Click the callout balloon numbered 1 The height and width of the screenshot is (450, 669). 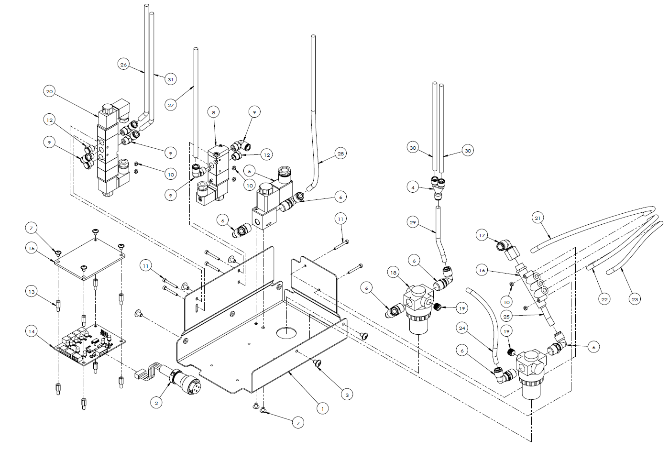[322, 409]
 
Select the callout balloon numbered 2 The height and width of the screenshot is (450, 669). [156, 403]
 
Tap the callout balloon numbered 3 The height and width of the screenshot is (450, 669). [347, 395]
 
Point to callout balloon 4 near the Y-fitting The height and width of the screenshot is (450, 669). [413, 188]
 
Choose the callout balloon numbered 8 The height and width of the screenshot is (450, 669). [213, 112]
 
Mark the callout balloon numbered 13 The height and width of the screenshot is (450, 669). [32, 291]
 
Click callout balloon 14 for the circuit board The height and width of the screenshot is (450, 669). [32, 331]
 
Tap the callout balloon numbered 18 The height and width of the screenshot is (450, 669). [393, 273]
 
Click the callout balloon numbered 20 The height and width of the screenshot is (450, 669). [50, 91]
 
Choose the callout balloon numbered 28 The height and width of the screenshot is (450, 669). [340, 154]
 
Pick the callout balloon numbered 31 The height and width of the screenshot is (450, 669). [171, 79]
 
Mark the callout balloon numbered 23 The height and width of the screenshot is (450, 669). [635, 300]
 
